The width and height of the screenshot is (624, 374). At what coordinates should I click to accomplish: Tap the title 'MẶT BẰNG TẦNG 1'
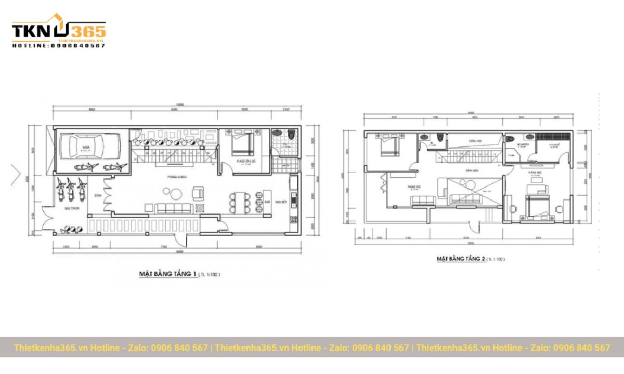167,273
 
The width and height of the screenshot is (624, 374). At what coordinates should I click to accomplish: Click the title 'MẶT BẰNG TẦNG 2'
461,258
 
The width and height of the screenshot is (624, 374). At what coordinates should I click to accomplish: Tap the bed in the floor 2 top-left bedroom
388,145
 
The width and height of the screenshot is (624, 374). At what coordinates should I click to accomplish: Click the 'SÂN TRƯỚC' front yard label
71,208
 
